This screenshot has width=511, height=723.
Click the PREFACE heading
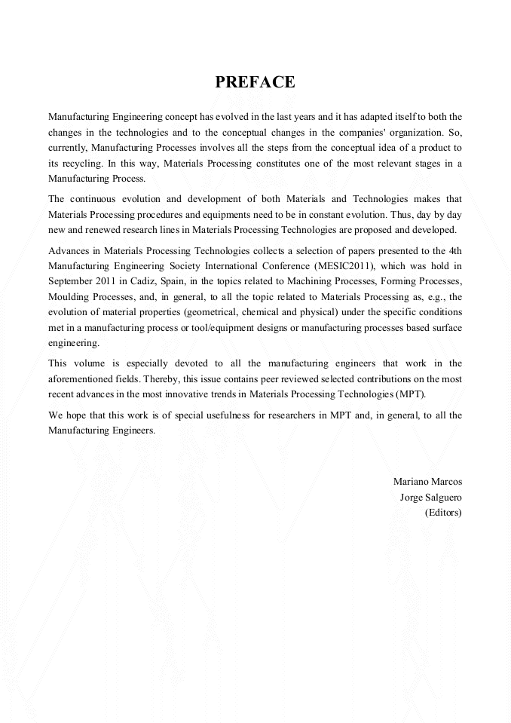[255, 83]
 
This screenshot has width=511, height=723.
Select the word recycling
[79, 163]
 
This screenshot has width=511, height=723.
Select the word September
[72, 281]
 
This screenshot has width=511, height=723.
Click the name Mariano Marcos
[427, 481]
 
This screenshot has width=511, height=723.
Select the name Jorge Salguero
[430, 497]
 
